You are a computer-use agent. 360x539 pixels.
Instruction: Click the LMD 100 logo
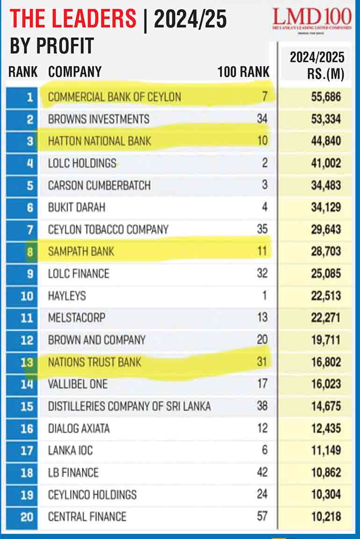pyautogui.click(x=312, y=18)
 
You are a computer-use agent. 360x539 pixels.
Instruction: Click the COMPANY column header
pyautogui.click(x=75, y=72)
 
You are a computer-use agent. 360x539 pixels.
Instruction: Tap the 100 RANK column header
pyautogui.click(x=244, y=72)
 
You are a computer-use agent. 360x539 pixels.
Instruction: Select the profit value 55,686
pyautogui.click(x=325, y=97)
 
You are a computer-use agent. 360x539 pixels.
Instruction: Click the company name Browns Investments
pyautogui.click(x=99, y=119)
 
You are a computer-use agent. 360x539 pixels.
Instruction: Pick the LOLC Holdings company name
pyautogui.click(x=82, y=163)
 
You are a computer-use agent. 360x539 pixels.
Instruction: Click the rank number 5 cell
pyautogui.click(x=29, y=185)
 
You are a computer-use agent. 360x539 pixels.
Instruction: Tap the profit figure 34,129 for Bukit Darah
pyautogui.click(x=325, y=207)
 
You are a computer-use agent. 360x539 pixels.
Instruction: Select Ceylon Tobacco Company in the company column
pyautogui.click(x=108, y=230)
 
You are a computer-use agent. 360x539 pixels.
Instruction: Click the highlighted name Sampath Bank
pyautogui.click(x=81, y=252)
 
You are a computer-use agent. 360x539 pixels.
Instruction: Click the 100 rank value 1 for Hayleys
pyautogui.click(x=265, y=296)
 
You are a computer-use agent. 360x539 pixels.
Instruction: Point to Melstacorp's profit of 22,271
pyautogui.click(x=325, y=318)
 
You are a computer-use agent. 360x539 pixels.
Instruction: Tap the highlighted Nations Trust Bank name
pyautogui.click(x=94, y=362)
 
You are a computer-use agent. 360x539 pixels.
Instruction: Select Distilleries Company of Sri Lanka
pyautogui.click(x=129, y=406)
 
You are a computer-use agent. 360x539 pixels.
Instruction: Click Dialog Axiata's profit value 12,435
pyautogui.click(x=325, y=428)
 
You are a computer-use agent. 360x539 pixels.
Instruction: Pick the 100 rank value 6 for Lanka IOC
pyautogui.click(x=265, y=450)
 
